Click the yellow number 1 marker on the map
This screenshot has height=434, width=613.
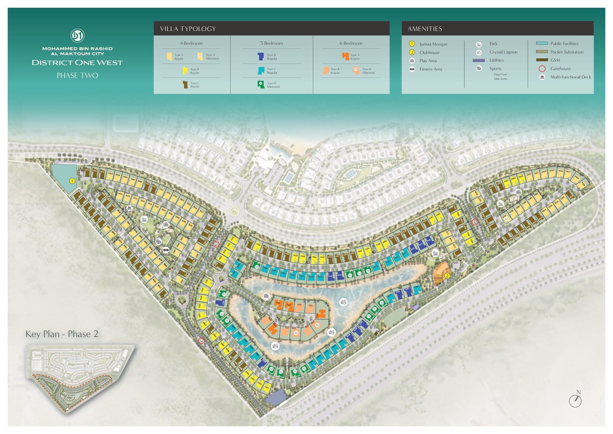[72, 181]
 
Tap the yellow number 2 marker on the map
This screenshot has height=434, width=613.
[447, 276]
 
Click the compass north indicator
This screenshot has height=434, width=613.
[575, 400]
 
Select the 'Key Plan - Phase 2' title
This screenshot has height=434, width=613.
[62, 334]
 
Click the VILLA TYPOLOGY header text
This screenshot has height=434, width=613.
[188, 29]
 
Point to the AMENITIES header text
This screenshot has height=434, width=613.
[424, 29]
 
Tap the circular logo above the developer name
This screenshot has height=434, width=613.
[77, 36]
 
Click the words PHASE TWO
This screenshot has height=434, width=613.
[77, 75]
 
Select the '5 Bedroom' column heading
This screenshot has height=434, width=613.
[272, 43]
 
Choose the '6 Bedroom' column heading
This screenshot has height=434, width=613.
[351, 43]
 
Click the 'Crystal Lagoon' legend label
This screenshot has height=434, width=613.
[503, 52]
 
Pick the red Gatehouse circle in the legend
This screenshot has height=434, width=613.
[542, 68]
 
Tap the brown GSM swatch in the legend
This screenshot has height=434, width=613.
[542, 60]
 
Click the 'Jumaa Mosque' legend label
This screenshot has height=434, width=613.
[433, 44]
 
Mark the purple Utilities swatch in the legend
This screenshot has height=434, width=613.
[478, 60]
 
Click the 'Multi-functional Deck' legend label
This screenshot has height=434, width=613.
[570, 77]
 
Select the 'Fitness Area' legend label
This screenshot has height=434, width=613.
[430, 69]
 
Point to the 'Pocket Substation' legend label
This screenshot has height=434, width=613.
[567, 52]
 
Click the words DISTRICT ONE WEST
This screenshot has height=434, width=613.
[77, 63]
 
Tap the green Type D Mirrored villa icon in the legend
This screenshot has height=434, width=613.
[261, 84]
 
